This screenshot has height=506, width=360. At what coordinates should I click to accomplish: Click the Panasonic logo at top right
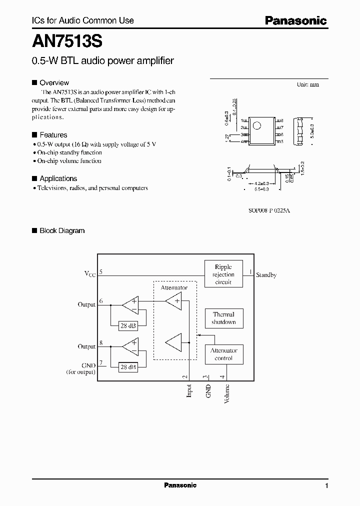click(295, 20)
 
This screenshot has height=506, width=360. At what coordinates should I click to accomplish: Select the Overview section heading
click(54, 82)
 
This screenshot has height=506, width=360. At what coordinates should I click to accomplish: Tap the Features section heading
click(53, 134)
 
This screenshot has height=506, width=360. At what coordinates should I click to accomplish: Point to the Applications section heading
click(58, 178)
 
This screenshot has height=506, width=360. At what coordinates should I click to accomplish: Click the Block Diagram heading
click(62, 230)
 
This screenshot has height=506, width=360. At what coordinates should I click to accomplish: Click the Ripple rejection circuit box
click(223, 274)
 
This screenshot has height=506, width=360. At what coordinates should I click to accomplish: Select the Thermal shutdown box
click(223, 318)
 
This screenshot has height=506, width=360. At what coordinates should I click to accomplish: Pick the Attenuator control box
click(223, 354)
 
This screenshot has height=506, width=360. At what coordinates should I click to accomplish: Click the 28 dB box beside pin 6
click(128, 325)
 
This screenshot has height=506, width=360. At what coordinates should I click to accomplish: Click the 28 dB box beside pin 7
click(128, 367)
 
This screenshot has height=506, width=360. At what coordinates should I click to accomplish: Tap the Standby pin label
click(266, 275)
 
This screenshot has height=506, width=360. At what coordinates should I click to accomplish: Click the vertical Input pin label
click(189, 390)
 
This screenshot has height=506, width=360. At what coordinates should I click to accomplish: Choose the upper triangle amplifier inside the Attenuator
click(173, 301)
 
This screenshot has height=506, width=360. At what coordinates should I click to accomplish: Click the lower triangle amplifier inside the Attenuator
click(173, 343)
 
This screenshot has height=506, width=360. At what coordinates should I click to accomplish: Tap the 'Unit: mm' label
click(307, 84)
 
